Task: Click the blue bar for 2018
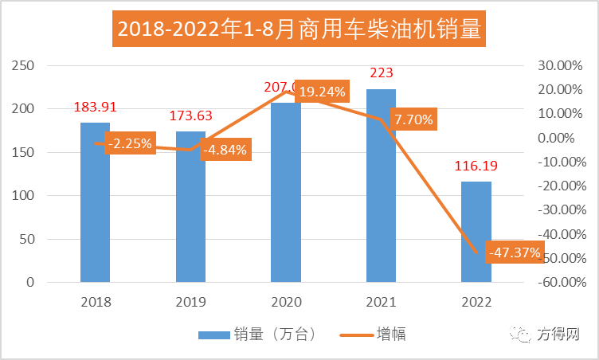(95, 207)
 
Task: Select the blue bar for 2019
(190, 215)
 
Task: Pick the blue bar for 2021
(381, 191)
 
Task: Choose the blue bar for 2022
(476, 232)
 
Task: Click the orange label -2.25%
(130, 144)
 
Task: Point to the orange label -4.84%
(225, 149)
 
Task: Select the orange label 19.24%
(322, 92)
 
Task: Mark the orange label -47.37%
(514, 253)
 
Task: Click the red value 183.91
(95, 108)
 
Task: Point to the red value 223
(382, 73)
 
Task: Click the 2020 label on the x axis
(286, 302)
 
